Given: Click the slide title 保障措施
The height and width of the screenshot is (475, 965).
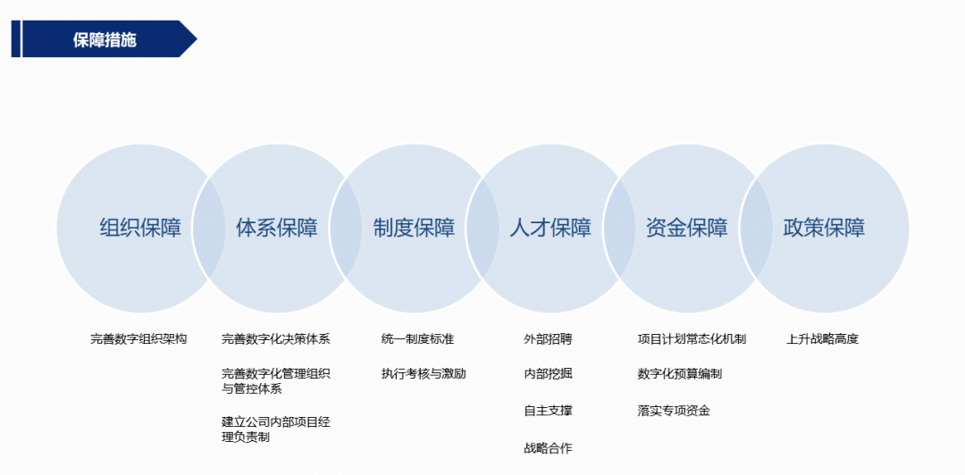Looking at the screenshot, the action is pyautogui.click(x=105, y=40).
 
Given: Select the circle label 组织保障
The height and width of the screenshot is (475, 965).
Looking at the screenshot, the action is pyautogui.click(x=140, y=228).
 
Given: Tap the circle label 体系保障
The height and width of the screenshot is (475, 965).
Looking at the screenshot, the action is pyautogui.click(x=277, y=228).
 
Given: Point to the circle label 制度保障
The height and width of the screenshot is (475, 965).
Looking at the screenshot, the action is pyautogui.click(x=414, y=228).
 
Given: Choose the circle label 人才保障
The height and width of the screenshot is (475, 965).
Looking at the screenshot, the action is pyautogui.click(x=550, y=228).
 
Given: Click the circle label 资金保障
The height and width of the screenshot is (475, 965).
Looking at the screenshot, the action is pyautogui.click(x=687, y=228).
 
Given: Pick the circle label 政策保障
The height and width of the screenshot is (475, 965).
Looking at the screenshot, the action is pyautogui.click(x=824, y=228).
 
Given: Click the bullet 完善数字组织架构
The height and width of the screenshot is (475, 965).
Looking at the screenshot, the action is pyautogui.click(x=138, y=339).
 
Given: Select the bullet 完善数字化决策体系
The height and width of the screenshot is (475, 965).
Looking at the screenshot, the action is pyautogui.click(x=276, y=339).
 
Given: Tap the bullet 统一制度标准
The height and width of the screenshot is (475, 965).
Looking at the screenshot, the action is pyautogui.click(x=417, y=339).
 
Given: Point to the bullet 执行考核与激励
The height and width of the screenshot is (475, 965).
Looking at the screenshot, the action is pyautogui.click(x=424, y=374).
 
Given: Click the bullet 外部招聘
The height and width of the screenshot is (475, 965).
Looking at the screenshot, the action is pyautogui.click(x=548, y=339).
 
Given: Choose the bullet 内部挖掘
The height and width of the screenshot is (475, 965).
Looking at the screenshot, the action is pyautogui.click(x=548, y=374).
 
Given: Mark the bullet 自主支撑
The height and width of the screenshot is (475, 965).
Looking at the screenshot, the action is pyautogui.click(x=548, y=411).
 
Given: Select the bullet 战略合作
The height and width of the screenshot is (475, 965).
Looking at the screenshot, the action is pyautogui.click(x=548, y=447).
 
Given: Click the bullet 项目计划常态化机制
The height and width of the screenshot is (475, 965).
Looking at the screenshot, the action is pyautogui.click(x=692, y=339).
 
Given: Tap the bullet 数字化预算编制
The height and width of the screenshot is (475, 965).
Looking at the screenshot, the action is pyautogui.click(x=680, y=374).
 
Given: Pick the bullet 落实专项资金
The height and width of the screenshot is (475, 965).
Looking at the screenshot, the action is pyautogui.click(x=674, y=411).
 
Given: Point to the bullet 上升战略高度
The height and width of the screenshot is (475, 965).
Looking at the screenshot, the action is pyautogui.click(x=822, y=339).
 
